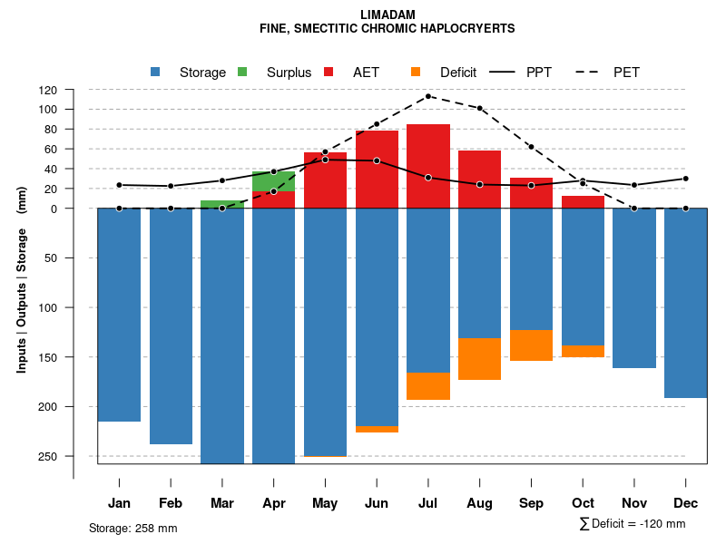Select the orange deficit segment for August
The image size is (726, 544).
(480, 359)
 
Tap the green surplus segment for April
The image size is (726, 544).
(274, 181)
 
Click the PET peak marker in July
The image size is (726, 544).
(428, 96)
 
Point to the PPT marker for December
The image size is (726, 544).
(686, 179)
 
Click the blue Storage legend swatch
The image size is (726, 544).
(156, 72)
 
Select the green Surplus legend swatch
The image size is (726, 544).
(243, 72)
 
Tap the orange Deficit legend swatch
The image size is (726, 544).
(416, 72)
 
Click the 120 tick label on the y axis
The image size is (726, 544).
(48, 90)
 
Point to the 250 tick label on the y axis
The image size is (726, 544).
(48, 456)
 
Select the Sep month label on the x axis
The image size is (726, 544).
(532, 503)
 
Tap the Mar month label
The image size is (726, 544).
(222, 503)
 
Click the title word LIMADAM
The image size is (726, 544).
(388, 15)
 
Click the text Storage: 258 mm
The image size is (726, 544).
(133, 528)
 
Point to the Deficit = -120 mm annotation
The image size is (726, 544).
(633, 524)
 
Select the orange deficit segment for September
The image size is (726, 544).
(532, 345)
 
